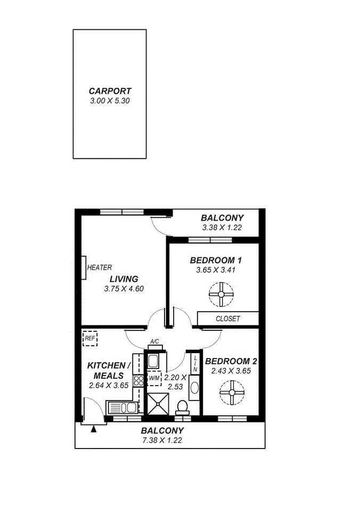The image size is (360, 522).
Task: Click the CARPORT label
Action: coord(110,91)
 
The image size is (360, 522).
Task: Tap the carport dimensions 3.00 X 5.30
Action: coord(110,100)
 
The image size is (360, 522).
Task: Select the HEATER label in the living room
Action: coord(99,267)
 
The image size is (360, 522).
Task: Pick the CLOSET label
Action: coord(228,319)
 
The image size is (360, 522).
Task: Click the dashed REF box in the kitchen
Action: coord(89,338)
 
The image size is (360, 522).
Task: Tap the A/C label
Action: coord(154,342)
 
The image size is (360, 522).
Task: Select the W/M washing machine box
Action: coord(154,378)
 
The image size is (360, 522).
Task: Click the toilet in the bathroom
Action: coord(182,407)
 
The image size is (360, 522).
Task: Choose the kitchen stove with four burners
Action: coord(138,380)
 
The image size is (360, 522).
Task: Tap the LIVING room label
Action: coord(124,279)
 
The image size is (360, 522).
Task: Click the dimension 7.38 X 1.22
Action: coord(162,441)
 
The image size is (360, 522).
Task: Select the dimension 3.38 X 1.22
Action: coord(222,227)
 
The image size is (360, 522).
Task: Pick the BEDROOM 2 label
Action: coord(231,361)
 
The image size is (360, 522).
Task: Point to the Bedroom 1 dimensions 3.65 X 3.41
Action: coord(216,270)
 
